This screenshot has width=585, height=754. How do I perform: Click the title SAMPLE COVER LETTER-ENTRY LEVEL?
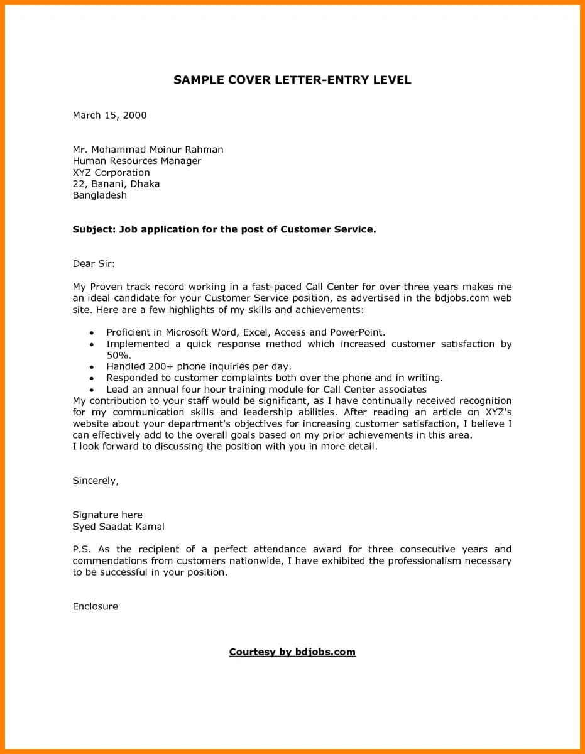[x=292, y=80]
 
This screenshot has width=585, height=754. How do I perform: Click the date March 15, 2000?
[x=109, y=115]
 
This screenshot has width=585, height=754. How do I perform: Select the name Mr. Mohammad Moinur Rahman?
[x=148, y=150]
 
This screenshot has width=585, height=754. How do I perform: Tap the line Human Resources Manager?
[x=137, y=161]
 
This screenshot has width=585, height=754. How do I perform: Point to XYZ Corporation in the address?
[x=111, y=172]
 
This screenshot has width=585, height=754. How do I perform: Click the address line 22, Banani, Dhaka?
[x=116, y=183]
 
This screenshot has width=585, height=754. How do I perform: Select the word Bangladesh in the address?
[x=100, y=195]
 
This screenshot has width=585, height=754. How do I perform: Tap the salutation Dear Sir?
[x=94, y=264]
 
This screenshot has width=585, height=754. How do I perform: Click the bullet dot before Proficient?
[x=92, y=333]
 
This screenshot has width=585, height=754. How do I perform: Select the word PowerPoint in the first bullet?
[x=356, y=332]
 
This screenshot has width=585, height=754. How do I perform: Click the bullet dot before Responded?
[x=92, y=379]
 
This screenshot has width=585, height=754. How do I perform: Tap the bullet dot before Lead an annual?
[x=92, y=390]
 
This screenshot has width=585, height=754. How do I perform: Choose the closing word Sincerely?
[x=96, y=481]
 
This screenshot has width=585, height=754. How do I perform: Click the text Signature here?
[x=107, y=515]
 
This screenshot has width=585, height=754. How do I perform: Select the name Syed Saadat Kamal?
[x=119, y=527]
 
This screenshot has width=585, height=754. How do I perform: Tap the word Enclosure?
[x=96, y=606]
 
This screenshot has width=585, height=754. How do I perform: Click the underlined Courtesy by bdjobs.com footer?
[x=292, y=652]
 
